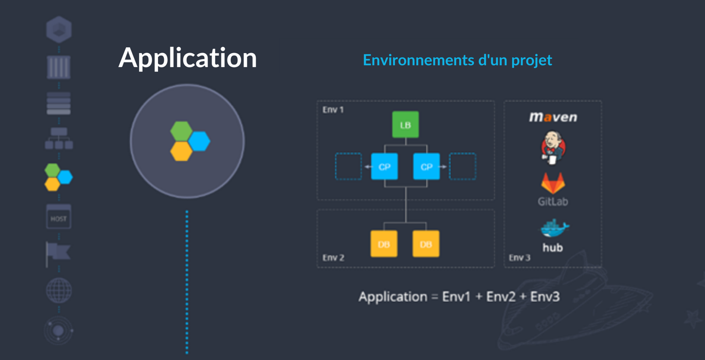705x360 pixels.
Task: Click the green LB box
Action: coord(405,125)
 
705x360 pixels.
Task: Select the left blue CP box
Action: coord(384,166)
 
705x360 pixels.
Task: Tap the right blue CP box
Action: coord(426,166)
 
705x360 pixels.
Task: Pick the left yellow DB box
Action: coord(384,244)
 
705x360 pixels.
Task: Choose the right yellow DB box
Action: coord(426,244)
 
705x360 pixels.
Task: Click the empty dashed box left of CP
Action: coord(349,166)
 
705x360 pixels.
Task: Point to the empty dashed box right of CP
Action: coord(463,166)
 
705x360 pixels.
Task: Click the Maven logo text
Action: coord(553,117)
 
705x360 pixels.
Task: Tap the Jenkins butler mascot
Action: coord(553,148)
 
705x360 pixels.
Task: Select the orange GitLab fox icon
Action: coord(553,183)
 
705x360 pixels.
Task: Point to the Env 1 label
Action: coord(333,110)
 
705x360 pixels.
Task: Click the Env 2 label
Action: coord(333,258)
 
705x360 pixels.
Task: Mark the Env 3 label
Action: coord(519,258)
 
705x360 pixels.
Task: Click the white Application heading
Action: coord(187,57)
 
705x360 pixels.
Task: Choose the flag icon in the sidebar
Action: coord(58,253)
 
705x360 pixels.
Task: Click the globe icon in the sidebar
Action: coord(59,290)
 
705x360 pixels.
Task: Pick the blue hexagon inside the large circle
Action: coord(200,141)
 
